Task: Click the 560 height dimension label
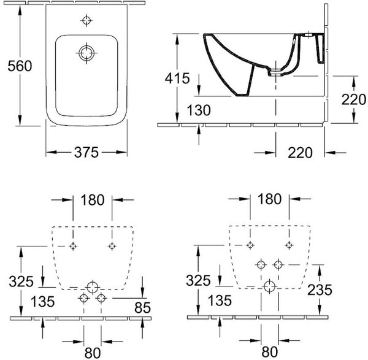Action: pyautogui.click(x=20, y=66)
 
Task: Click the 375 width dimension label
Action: pyautogui.click(x=86, y=152)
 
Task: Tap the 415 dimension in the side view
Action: pyautogui.click(x=177, y=78)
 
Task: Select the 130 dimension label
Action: pyautogui.click(x=199, y=110)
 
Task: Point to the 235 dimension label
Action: pyautogui.click(x=320, y=290)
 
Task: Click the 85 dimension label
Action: pyautogui.click(x=142, y=307)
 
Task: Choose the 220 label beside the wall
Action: pyautogui.click(x=353, y=99)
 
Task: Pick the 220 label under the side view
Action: pyautogui.click(x=300, y=153)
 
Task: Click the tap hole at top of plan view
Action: pyautogui.click(x=86, y=20)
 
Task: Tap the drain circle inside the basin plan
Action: pyautogui.click(x=86, y=53)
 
